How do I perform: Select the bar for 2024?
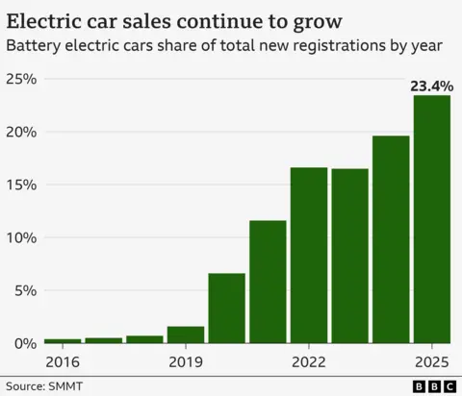(391, 239)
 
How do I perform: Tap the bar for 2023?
(349, 256)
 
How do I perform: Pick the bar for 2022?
(308, 255)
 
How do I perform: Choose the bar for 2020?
(226, 308)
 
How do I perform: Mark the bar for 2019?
(185, 334)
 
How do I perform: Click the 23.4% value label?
(431, 87)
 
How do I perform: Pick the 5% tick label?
(23, 290)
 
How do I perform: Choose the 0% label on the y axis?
(23, 343)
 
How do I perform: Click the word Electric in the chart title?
(48, 20)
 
